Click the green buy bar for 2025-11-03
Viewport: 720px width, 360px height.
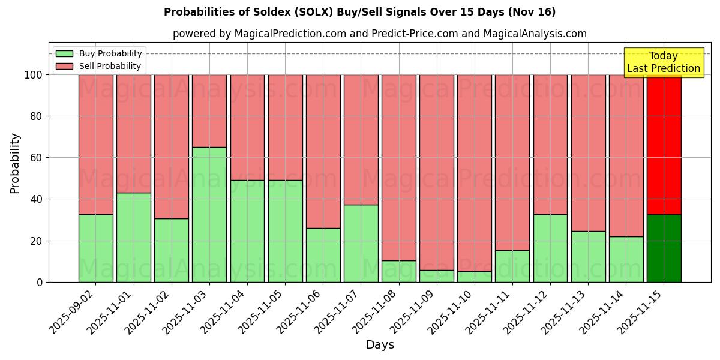[x=209, y=214]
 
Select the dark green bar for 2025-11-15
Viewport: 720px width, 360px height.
[x=664, y=248]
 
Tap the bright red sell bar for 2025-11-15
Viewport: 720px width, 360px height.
[x=664, y=144]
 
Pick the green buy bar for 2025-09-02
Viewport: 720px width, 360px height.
[x=95, y=248]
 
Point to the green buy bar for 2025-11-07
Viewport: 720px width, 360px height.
[x=361, y=243]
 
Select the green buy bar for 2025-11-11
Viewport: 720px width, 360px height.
[x=512, y=266]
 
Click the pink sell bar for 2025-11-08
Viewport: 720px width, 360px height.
[x=398, y=167]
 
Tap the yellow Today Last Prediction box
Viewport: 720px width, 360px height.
[x=663, y=62]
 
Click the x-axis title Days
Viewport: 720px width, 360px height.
[x=380, y=345]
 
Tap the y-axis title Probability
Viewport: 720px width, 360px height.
[x=15, y=163]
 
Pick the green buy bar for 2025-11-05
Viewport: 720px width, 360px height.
[x=285, y=231]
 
